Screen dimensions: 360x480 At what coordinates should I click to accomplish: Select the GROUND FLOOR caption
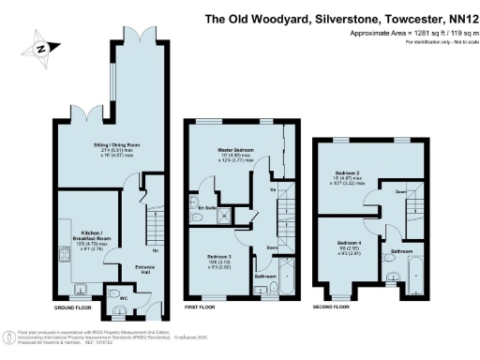coord(70,307)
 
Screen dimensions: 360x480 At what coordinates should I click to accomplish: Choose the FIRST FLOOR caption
coord(202,307)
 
